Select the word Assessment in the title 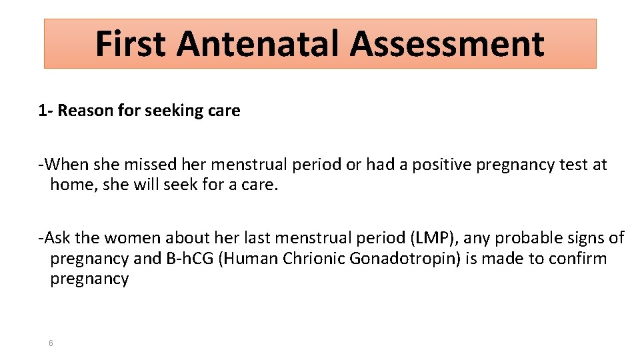[x=447, y=44]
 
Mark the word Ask [x=57, y=238]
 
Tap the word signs [x=587, y=238]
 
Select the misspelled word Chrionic [x=314, y=259]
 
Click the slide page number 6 [x=51, y=343]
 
